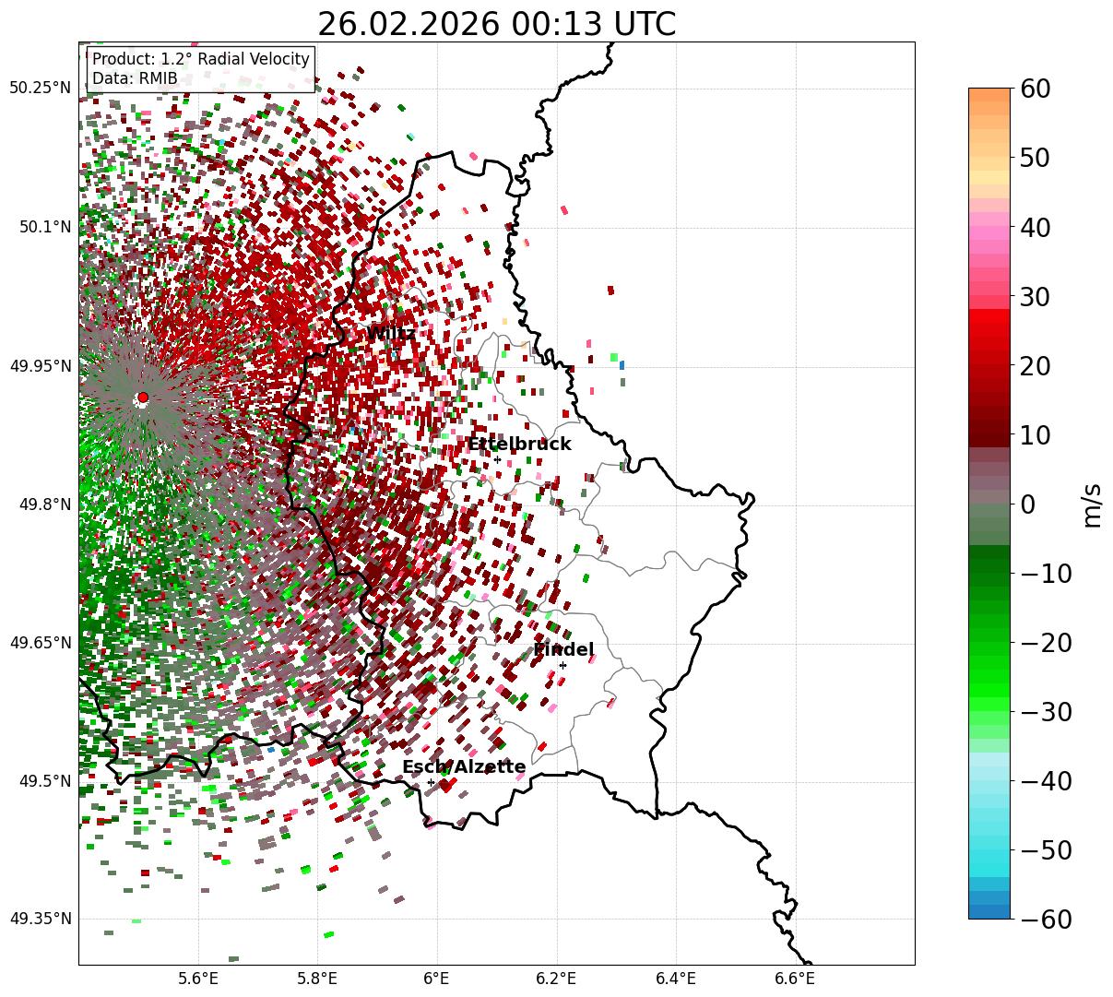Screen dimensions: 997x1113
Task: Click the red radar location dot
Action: [x=142, y=398]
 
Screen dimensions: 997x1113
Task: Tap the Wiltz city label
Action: [x=390, y=333]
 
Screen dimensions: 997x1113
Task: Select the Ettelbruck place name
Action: [x=519, y=444]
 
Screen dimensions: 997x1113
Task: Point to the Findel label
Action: [x=562, y=649]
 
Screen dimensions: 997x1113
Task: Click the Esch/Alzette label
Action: [x=464, y=766]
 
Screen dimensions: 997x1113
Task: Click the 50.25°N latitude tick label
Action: [x=40, y=88]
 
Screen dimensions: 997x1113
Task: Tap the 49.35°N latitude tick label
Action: [x=40, y=919]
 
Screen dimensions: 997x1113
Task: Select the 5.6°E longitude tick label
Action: [x=198, y=978]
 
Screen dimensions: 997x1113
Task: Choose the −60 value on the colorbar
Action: [x=1046, y=920]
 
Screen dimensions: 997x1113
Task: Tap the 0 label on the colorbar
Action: [x=1027, y=504]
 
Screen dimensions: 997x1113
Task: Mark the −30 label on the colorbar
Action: [x=1046, y=712]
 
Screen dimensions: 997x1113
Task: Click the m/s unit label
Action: [x=1092, y=504]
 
